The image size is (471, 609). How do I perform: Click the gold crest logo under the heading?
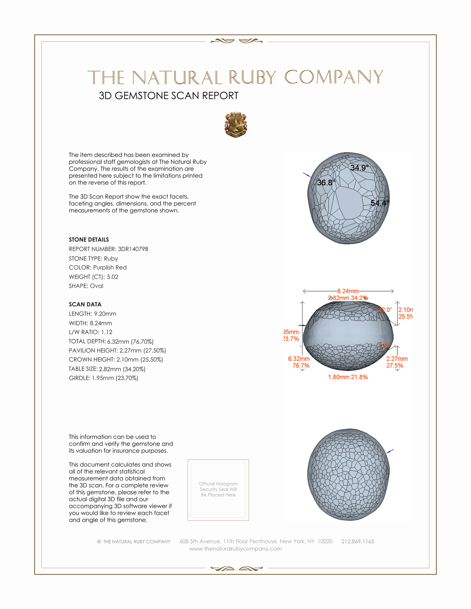coord(235,125)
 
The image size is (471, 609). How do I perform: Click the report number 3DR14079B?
coord(133,249)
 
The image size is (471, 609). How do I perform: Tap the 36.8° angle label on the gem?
coord(326,183)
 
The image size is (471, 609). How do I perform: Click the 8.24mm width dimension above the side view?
coord(348,291)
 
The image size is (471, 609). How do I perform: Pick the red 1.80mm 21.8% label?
coord(348,377)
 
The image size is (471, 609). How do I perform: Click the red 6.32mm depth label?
coord(299,359)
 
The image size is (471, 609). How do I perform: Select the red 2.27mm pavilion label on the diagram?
coord(397,359)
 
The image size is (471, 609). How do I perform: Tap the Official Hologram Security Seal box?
coord(218,490)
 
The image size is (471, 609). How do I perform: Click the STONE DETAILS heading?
coord(89,239)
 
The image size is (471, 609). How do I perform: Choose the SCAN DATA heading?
coord(85,304)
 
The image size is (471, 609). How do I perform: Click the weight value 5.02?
coord(112,277)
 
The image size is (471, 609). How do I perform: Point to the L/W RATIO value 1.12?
coord(107,332)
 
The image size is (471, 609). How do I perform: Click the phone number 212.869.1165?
coord(357,541)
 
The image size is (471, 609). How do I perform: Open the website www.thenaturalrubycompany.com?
coord(235,549)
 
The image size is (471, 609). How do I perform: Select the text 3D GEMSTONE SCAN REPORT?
coord(168,96)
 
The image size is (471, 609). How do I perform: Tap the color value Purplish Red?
coord(110,267)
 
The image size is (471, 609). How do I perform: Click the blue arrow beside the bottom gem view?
coord(390,451)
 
